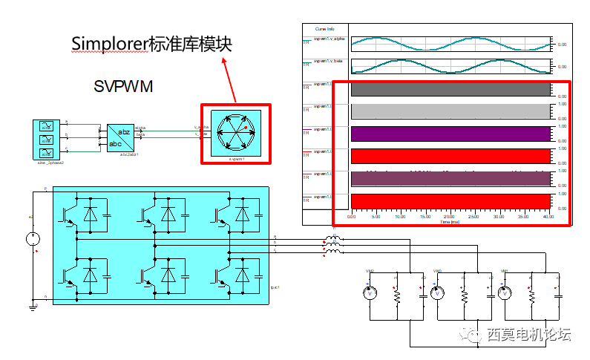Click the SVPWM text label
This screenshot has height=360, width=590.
(123, 86)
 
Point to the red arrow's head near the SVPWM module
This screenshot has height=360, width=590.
(224, 58)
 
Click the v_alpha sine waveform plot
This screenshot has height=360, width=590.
(450, 45)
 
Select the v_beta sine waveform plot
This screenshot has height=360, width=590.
(450, 67)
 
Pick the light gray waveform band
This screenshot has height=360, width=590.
(450, 111)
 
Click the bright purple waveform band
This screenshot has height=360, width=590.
(450, 134)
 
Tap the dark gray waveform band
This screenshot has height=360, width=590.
(450, 89)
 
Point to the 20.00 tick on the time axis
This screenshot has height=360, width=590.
(450, 217)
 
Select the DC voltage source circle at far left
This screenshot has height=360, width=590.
(33, 239)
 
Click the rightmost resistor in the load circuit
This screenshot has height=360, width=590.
(532, 295)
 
